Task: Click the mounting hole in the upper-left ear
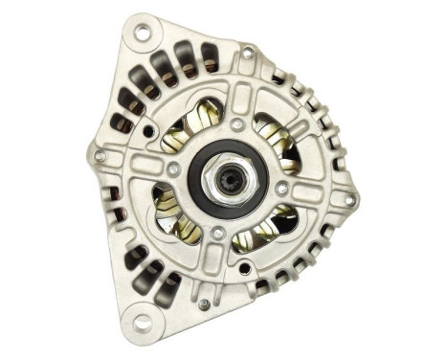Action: pyautogui.click(x=142, y=34)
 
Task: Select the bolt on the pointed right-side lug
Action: pyautogui.click(x=348, y=200)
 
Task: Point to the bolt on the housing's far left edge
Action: pyautogui.click(x=100, y=155)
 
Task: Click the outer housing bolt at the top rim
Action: pyautogui.click(x=248, y=55)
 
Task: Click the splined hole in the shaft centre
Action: pyautogui.click(x=229, y=179)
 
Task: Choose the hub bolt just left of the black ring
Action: pyautogui.click(x=173, y=169)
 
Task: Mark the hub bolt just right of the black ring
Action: pyautogui.click(x=283, y=189)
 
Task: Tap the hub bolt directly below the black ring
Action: pyautogui.click(x=219, y=233)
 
